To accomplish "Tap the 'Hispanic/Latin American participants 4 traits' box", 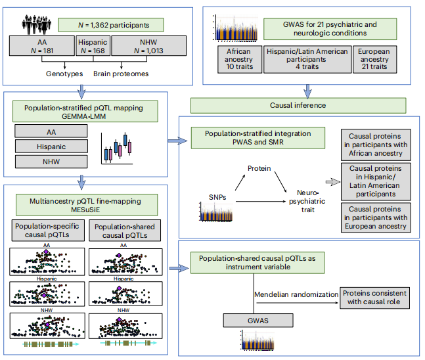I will coord(307,58).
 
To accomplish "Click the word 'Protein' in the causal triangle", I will coord(259,169).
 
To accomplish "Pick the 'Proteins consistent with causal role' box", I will coord(374,298).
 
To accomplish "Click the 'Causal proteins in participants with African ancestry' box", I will coord(376,145).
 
